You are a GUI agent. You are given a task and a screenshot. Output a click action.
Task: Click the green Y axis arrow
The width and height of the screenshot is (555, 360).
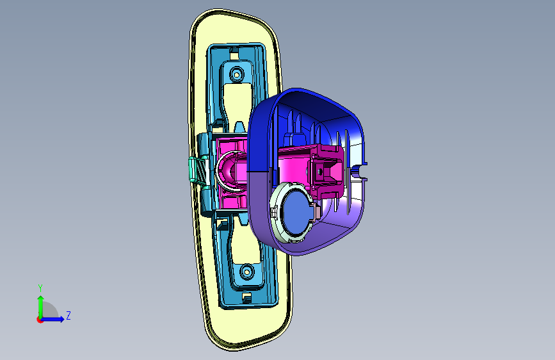pos(41,307)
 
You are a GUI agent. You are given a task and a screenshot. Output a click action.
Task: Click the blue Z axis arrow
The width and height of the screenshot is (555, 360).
pos(52,319)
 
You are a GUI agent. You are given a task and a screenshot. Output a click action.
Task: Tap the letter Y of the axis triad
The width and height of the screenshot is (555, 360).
pos(40,288)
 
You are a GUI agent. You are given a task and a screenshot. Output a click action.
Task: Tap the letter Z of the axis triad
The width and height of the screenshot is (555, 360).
pos(68,315)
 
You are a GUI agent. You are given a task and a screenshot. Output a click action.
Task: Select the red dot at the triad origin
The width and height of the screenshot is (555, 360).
pos(40,320)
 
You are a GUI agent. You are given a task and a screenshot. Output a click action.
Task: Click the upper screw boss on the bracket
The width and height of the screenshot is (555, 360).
pos(236,74)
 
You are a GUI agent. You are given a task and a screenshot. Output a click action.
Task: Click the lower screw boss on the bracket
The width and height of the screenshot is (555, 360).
pos(246,272)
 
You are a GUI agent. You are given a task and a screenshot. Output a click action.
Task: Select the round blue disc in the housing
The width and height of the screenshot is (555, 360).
pos(297,211)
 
